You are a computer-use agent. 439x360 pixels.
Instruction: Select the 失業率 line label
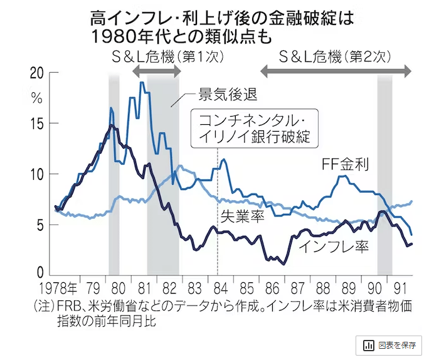pos(241,216)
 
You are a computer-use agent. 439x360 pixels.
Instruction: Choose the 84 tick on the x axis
pos(218,290)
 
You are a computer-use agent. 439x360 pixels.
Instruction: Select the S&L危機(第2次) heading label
pos(336,56)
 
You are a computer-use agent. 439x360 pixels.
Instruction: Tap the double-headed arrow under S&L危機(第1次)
pos(156,71)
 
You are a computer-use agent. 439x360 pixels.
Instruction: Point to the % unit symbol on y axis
pos(36,98)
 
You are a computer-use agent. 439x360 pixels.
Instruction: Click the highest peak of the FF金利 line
pos(142,83)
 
